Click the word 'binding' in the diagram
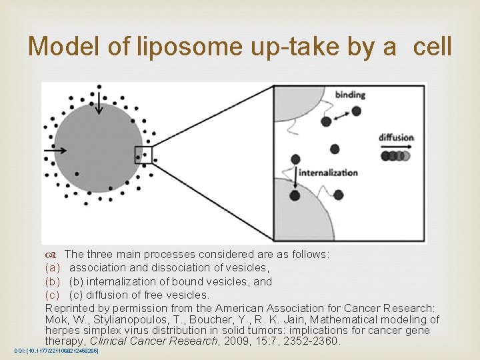pos(351,95)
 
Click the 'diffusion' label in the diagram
pos(397,138)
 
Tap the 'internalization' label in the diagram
pos(328,172)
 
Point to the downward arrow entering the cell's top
pos(99,101)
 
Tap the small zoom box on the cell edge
pos(143,155)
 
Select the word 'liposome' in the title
pos(175,46)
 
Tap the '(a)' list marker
pos(53,267)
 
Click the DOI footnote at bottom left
pos(56,351)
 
